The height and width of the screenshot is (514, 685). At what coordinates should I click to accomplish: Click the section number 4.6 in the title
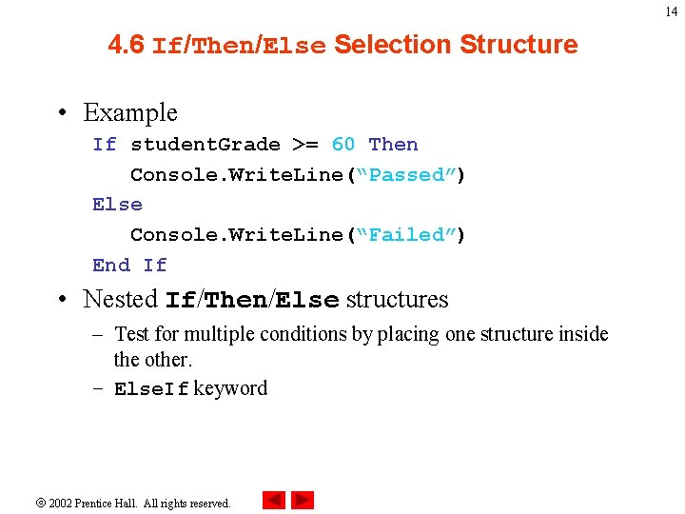click(127, 45)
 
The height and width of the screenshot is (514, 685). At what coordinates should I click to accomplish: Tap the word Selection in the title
click(392, 45)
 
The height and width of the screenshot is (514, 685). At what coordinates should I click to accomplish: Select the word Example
click(130, 112)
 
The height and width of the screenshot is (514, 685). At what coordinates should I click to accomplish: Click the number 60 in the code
click(343, 145)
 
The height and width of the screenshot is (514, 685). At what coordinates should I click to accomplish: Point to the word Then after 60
click(393, 145)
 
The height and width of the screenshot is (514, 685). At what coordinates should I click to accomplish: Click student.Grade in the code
click(205, 145)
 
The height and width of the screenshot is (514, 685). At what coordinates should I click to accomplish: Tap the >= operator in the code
click(305, 145)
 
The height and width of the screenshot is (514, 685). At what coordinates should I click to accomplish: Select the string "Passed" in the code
click(413, 175)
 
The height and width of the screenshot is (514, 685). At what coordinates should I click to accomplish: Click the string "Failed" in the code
click(413, 235)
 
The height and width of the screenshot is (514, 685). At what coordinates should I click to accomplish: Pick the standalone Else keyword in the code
click(117, 205)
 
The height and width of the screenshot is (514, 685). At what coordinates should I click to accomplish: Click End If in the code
click(129, 266)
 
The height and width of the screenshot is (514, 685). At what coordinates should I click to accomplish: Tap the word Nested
click(120, 299)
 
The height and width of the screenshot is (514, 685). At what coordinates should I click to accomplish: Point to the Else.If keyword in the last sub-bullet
click(151, 389)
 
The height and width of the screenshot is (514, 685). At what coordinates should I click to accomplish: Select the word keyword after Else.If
click(230, 388)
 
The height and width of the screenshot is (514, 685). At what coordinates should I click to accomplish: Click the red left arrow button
click(274, 501)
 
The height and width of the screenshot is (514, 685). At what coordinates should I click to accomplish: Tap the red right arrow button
click(303, 501)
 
